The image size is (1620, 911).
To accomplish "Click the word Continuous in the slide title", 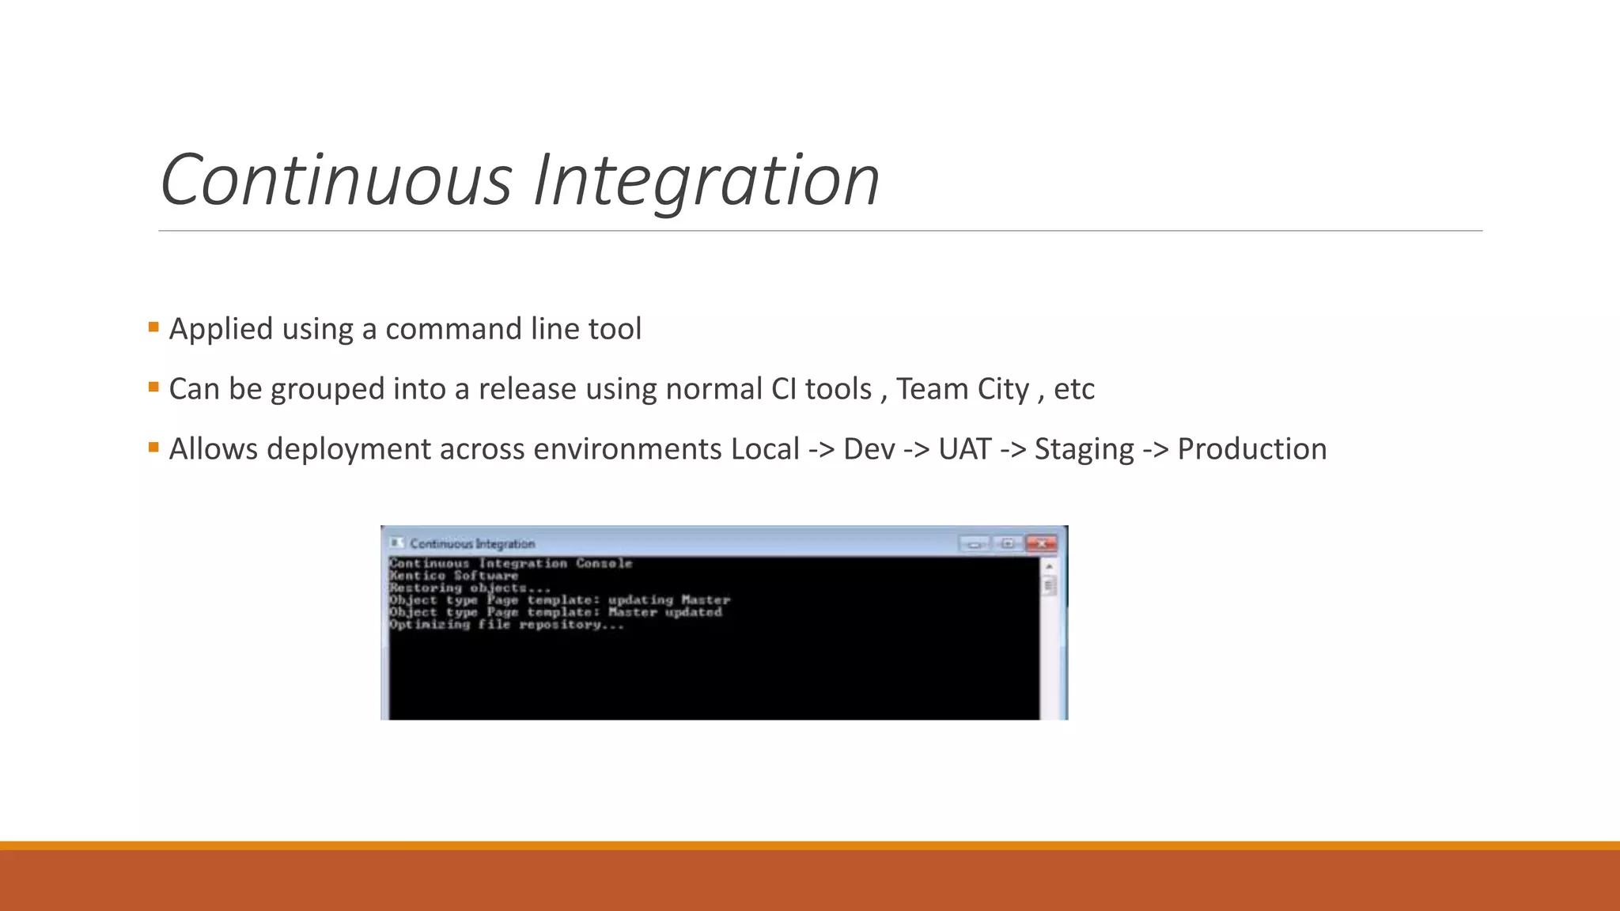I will coord(337,180).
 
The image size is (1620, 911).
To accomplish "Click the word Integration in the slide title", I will coord(706,180).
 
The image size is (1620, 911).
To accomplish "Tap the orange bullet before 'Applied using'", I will coord(153,327).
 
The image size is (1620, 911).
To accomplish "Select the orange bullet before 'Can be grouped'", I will coord(153,387).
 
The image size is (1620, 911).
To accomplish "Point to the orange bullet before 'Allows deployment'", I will coord(153,447).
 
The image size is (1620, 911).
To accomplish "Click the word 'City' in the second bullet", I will coord(1003,389).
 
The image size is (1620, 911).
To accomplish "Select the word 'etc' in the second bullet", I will coord(1074,389).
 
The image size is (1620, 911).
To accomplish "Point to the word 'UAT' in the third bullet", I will coord(964,449).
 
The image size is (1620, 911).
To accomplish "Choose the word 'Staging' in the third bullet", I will coord(1084,449).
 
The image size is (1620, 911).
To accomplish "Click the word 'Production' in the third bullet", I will coord(1251,449).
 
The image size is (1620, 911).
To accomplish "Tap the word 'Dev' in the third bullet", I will coord(869,449).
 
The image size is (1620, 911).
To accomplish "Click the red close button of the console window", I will coord(1041,544).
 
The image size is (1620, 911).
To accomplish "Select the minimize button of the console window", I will coord(975,544).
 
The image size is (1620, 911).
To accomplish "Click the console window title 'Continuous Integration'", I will coord(472,544).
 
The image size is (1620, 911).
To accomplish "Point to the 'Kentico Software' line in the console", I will coord(453,576).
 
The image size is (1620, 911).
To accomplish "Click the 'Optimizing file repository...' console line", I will coord(506,625).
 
